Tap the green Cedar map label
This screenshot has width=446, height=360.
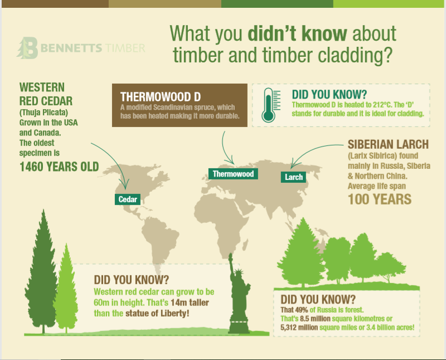tap(128, 199)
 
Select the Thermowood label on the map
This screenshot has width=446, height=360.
tap(233, 174)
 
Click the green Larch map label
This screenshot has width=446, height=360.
tap(294, 177)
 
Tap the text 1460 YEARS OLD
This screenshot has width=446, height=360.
tap(59, 166)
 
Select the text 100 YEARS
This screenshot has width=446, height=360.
tap(380, 199)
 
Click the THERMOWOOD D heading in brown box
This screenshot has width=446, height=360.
tap(161, 96)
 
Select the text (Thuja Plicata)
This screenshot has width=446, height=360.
tap(43, 113)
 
